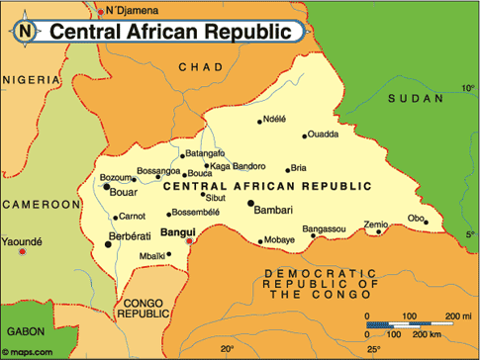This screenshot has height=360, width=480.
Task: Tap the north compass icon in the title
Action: click(x=24, y=32)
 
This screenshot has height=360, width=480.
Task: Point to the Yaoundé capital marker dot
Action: click(x=22, y=252)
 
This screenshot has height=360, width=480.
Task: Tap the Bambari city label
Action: click(x=273, y=211)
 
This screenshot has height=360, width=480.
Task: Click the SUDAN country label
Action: click(x=415, y=98)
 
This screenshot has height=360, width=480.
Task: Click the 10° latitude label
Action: click(x=468, y=88)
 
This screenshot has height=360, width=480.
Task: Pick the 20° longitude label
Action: click(x=228, y=349)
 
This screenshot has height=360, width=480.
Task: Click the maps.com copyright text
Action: click(x=29, y=351)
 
